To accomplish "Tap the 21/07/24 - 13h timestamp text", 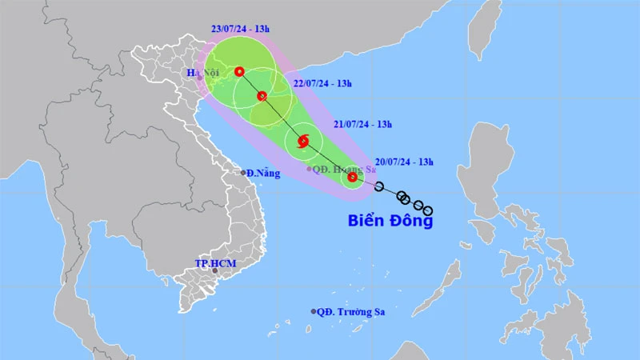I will [x=362, y=124].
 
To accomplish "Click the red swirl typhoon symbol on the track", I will [x=303, y=142].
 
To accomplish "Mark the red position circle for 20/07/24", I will [x=352, y=177].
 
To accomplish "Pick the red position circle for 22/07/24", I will [x=262, y=96].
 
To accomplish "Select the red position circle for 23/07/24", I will [x=239, y=72].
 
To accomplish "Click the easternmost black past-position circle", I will [x=428, y=211].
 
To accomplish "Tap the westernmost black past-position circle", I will [x=379, y=187].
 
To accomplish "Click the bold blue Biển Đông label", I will [x=390, y=221].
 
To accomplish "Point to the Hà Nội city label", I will [x=203, y=74].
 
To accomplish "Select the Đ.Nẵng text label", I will [x=264, y=174].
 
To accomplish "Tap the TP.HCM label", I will [x=213, y=262].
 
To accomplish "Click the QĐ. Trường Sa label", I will [x=350, y=312].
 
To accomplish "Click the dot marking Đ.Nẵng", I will [x=243, y=173].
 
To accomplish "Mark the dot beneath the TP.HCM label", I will [x=214, y=271].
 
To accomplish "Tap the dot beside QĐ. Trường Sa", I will [x=314, y=312].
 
